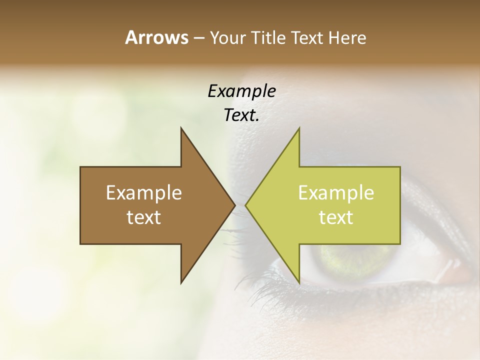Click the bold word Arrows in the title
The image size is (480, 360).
point(156,37)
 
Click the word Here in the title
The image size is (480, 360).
point(347,37)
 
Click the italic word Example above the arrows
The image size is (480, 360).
point(241,91)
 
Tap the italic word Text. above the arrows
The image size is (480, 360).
point(241,115)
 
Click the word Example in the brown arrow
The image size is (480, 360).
point(144,192)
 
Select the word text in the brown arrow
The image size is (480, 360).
point(144,217)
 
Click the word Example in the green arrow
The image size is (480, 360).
point(336,192)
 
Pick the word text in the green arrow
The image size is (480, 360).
point(336,217)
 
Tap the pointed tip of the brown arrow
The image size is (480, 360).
point(234,205)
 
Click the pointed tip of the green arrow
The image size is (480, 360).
point(246,205)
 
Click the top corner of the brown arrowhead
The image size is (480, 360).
point(181,128)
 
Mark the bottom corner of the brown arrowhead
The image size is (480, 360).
point(181,282)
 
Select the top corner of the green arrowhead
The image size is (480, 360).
point(299,128)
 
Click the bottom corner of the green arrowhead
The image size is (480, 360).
point(299,282)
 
